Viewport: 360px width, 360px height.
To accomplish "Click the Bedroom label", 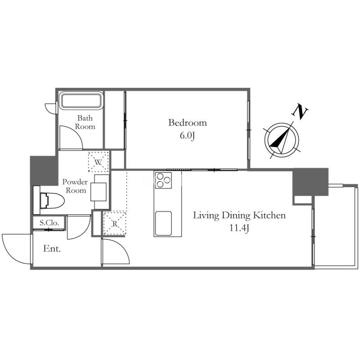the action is (188, 123).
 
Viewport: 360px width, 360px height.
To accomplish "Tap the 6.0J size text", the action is (187, 136).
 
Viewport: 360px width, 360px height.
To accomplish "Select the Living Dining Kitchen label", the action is (239, 216).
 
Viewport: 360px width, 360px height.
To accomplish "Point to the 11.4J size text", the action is (239, 229).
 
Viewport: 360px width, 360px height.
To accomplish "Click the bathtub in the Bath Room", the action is (81, 100).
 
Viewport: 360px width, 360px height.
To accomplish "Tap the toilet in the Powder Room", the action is (49, 200).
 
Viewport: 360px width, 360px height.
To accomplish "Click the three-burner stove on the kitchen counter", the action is (163, 180).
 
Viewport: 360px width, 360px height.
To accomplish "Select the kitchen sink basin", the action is (163, 223).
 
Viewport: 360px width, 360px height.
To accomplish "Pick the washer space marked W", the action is (98, 162).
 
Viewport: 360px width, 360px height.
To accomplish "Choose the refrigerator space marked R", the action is (115, 223).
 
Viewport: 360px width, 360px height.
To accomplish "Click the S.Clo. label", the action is (49, 222).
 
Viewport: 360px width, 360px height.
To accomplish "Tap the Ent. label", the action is (52, 249).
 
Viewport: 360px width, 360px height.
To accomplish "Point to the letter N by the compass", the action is (300, 112).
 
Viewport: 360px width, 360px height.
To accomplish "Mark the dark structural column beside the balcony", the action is (310, 182).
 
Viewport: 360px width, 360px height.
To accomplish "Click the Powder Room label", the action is (75, 186).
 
